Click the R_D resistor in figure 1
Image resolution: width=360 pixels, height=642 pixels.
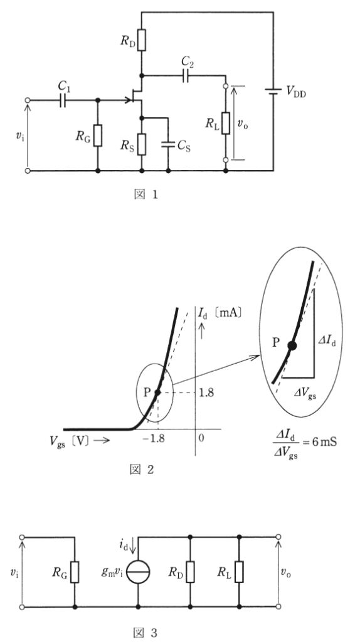click(x=141, y=39)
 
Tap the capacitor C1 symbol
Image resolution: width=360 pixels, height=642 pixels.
click(x=63, y=100)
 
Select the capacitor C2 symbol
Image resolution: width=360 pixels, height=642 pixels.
click(x=186, y=76)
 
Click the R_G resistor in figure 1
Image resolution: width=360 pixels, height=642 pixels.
click(x=97, y=135)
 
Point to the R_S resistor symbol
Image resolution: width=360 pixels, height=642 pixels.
click(x=141, y=144)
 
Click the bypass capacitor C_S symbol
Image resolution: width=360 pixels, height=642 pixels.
click(x=168, y=145)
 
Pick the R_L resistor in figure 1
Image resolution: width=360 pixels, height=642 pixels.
click(x=226, y=123)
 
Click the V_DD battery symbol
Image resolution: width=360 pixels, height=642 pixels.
click(x=273, y=92)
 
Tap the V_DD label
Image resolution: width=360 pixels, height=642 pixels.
click(x=296, y=93)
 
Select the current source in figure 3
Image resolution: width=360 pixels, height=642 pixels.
click(x=138, y=572)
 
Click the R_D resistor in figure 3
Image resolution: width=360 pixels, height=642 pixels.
click(x=190, y=572)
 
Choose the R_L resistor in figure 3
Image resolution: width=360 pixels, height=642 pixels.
click(x=239, y=572)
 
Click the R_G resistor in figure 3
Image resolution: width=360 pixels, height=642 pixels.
click(x=75, y=572)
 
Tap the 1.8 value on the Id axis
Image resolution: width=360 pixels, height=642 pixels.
click(x=206, y=392)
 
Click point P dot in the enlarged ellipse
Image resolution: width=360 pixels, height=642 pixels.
click(x=292, y=345)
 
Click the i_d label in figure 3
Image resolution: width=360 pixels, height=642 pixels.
click(x=124, y=545)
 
